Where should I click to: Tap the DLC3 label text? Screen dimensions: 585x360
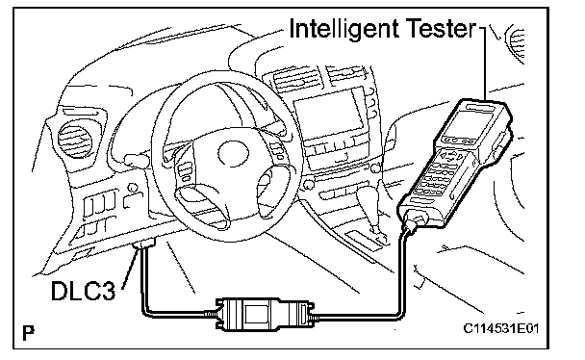(83, 291)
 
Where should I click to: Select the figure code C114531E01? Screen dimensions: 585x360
(501, 328)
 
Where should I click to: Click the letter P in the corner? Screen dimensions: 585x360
(28, 333)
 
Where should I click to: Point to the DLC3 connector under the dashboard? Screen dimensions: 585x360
(144, 244)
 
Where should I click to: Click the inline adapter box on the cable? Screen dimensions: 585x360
(266, 315)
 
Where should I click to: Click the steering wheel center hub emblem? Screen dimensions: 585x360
(233, 153)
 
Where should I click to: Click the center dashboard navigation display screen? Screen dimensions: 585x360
(328, 114)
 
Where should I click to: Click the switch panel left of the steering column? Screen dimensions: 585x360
(98, 203)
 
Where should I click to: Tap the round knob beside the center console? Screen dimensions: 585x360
(309, 184)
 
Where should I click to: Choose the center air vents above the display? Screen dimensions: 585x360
(317, 76)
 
